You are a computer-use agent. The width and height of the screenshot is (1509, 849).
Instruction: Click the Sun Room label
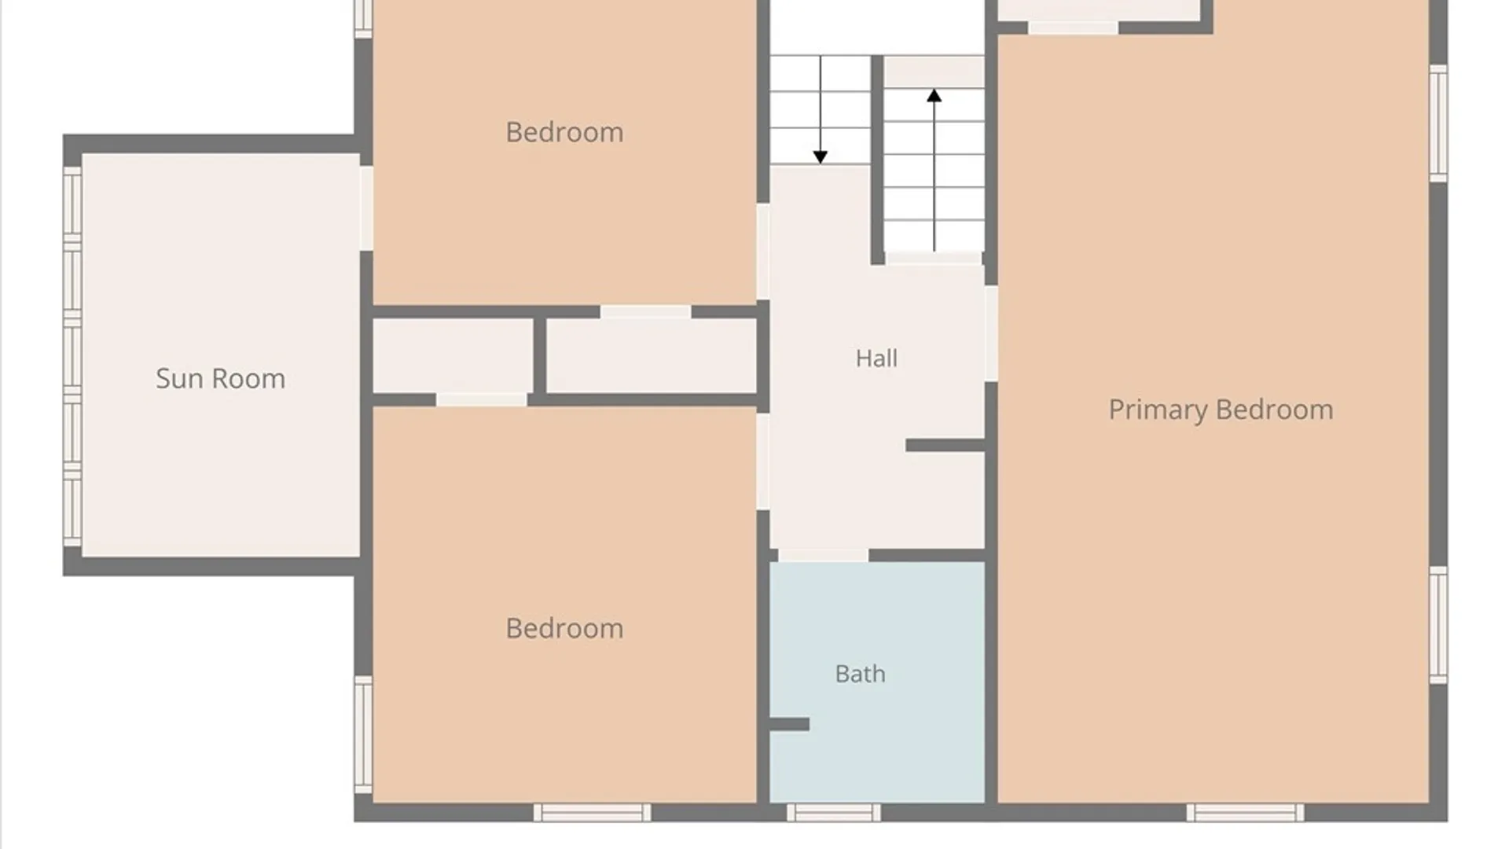(220, 379)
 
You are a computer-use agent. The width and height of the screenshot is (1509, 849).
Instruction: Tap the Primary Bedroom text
(1221, 410)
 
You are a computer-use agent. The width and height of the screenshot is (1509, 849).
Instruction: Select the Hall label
(876, 358)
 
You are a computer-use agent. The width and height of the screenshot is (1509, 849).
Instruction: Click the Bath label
(860, 674)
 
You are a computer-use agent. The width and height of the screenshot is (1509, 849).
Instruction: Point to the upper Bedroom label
(564, 132)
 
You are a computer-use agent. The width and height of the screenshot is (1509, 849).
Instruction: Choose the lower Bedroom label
(564, 628)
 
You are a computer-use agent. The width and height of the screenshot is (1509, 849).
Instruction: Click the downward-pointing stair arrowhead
(821, 157)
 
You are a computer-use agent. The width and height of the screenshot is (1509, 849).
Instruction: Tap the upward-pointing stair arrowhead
(934, 96)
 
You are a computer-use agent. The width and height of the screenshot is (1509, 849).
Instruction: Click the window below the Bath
(834, 812)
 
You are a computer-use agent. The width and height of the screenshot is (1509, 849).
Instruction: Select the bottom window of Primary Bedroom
(1245, 812)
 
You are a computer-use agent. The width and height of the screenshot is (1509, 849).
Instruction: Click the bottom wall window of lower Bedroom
(592, 812)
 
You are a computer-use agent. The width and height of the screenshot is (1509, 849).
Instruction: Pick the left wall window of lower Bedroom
(363, 734)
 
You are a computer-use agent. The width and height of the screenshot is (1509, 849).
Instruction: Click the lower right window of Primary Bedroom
(1438, 625)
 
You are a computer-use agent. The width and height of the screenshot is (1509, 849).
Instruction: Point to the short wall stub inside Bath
(789, 724)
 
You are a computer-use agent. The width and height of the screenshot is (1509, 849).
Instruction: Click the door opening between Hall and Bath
(823, 556)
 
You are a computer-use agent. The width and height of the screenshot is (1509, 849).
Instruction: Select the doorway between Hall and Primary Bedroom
(991, 334)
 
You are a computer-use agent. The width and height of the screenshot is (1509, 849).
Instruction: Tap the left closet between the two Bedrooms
(453, 355)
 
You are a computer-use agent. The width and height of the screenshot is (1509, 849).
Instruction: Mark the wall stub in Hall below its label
(945, 446)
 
